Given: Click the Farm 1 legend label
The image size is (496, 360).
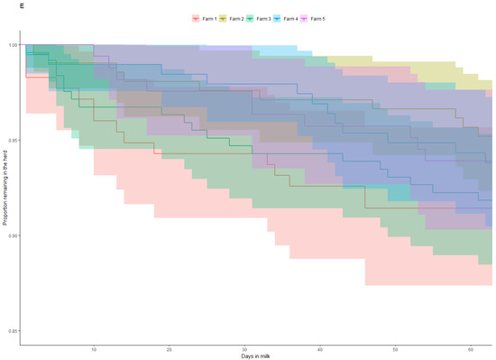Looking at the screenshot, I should [x=210, y=18].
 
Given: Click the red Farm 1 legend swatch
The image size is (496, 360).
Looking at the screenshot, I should [x=197, y=18].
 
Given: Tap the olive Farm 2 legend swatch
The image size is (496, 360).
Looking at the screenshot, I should [x=225, y=18].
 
